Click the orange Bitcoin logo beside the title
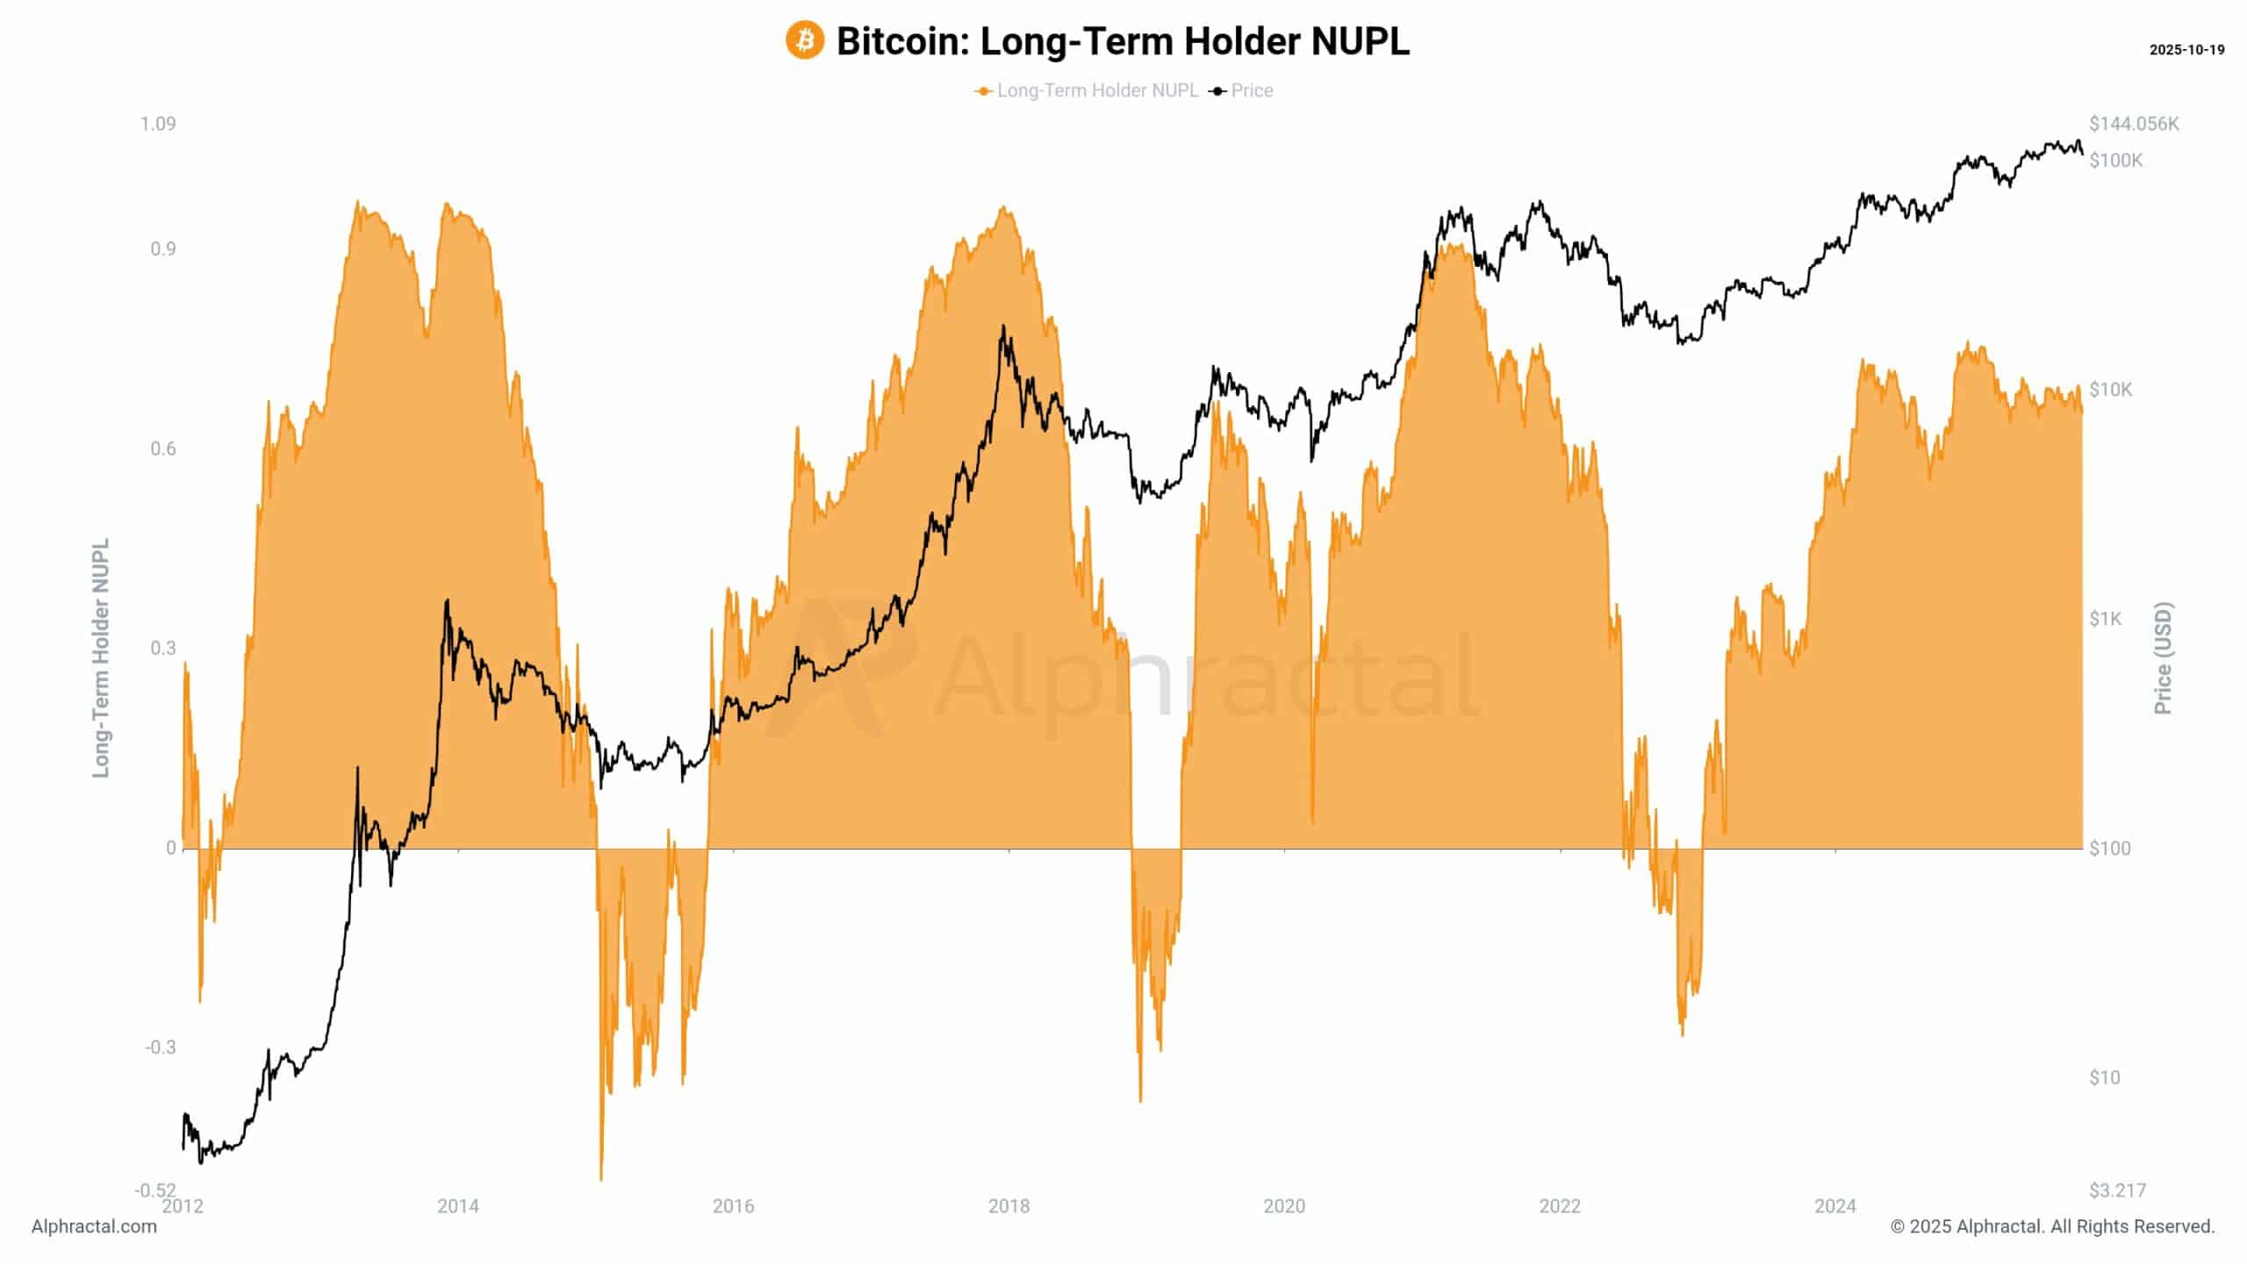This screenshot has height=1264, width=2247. [x=804, y=41]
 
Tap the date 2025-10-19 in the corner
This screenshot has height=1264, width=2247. [x=2186, y=50]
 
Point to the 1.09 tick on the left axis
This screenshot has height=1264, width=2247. [x=158, y=124]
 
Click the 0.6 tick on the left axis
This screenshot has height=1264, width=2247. [x=163, y=449]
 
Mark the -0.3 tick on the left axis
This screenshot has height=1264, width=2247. [x=160, y=1047]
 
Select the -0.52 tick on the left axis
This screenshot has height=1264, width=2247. [x=155, y=1190]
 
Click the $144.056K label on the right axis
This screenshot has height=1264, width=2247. [x=2134, y=124]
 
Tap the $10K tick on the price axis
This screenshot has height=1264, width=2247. [x=2111, y=390]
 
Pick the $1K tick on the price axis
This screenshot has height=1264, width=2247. [x=2106, y=619]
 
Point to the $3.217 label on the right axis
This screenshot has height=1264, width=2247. [x=2117, y=1190]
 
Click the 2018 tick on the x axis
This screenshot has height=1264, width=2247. [x=1009, y=1207]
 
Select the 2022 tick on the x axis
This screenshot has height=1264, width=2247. [x=1560, y=1207]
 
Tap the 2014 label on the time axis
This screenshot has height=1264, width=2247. [x=458, y=1207]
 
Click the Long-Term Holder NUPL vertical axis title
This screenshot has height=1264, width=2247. [x=102, y=658]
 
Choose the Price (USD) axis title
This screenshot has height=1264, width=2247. [x=2163, y=658]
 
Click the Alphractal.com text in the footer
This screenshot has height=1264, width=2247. [x=94, y=1227]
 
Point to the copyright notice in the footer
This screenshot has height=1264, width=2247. [x=2052, y=1227]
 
